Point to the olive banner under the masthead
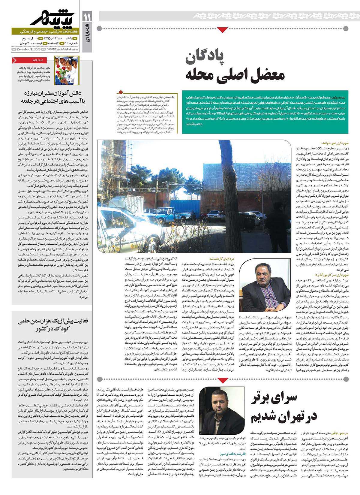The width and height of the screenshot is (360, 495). coord(45,32)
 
